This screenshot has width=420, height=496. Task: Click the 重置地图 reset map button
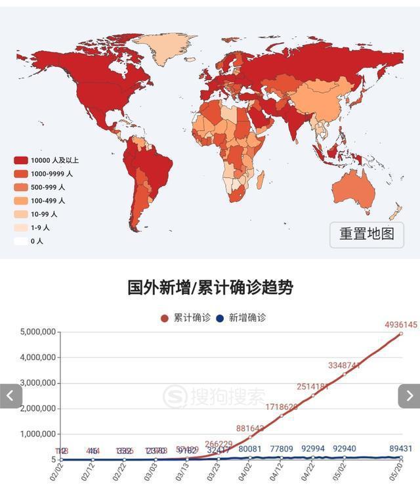point(366,234)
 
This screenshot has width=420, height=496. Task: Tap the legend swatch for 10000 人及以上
point(21,160)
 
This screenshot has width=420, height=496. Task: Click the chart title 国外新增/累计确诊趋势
point(210,287)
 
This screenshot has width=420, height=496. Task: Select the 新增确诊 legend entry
point(241,318)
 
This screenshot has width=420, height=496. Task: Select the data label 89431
point(400,449)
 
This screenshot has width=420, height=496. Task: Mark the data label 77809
point(281,449)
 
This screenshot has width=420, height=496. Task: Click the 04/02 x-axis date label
point(249,472)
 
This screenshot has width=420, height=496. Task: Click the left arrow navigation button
point(10,396)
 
